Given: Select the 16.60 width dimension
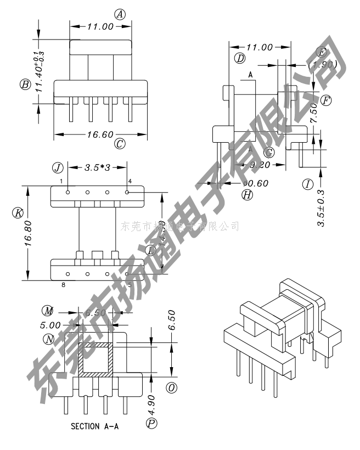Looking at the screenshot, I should click(x=103, y=133).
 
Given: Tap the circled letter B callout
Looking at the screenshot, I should click(x=25, y=85).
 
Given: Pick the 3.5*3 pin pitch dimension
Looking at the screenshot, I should click(x=98, y=167).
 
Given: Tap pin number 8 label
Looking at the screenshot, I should click(x=64, y=285).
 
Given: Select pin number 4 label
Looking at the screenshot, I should click(x=130, y=181).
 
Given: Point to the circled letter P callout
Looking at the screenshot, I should click(x=151, y=423).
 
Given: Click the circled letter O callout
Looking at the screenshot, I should click(x=171, y=388).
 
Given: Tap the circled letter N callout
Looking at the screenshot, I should click(x=50, y=338).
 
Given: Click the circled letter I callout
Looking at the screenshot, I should click(x=308, y=184).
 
